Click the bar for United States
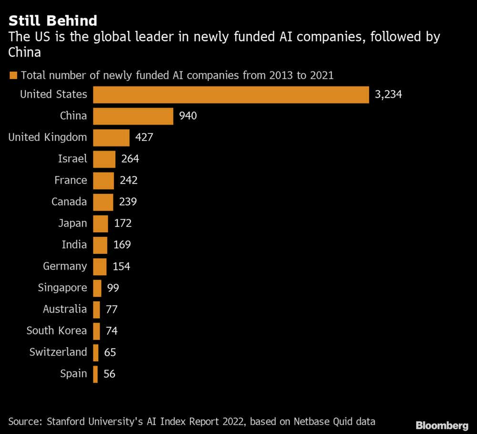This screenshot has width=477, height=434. coord(231,94)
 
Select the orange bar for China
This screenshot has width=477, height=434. coord(133,116)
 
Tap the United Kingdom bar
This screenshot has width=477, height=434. coord(111,138)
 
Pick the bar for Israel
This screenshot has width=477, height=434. coord(104,159)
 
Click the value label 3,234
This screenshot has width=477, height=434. coord(388,94)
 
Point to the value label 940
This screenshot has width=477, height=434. coord(188,116)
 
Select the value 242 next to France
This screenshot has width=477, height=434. coord(129,181)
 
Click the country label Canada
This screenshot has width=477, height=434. coord(69,202)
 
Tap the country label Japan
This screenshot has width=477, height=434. coord(73,223)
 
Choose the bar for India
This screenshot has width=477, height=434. coord(100,245)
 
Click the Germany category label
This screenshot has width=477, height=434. coord(65,266)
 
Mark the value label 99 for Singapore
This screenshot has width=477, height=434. coord(113,288)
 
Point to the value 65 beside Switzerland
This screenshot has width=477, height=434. coord(110,353)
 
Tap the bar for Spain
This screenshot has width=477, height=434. coord(95,374)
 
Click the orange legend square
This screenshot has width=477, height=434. coord(13,75)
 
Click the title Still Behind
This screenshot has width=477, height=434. coord(53,20)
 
